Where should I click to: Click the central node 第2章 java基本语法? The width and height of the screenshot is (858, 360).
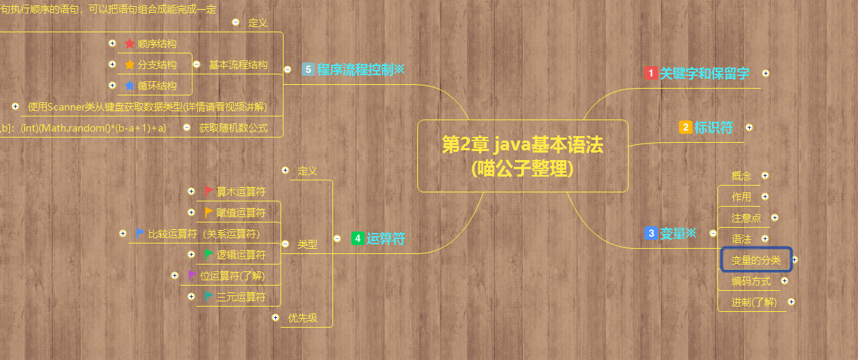(x=522, y=156)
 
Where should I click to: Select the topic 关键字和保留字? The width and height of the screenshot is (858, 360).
(x=704, y=74)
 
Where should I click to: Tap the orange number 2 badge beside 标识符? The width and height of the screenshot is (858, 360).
(x=685, y=127)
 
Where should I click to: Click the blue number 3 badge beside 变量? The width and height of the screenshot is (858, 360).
(x=651, y=234)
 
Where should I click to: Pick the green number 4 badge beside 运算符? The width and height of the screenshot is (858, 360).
(x=358, y=239)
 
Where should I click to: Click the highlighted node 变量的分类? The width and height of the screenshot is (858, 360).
(x=756, y=260)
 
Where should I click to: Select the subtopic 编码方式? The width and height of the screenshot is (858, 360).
(x=750, y=281)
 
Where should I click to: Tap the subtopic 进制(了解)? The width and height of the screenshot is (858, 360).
(x=753, y=302)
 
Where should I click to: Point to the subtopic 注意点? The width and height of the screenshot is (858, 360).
(x=746, y=218)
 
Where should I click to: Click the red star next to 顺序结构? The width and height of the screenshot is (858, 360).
(x=130, y=44)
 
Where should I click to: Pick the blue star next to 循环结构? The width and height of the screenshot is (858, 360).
(x=130, y=86)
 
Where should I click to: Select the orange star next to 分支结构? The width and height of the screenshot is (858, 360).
(x=130, y=65)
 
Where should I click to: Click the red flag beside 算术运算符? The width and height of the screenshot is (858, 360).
(x=208, y=191)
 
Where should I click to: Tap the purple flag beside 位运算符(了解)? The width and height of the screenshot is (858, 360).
(x=192, y=275)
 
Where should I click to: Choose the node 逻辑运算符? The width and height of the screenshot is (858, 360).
(x=241, y=255)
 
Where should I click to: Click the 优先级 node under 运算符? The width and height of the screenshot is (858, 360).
(x=302, y=318)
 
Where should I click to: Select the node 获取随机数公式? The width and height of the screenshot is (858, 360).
(x=233, y=128)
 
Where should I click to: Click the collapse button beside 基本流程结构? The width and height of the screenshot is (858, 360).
(x=196, y=65)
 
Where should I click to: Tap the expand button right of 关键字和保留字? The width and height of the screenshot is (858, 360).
(x=766, y=74)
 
